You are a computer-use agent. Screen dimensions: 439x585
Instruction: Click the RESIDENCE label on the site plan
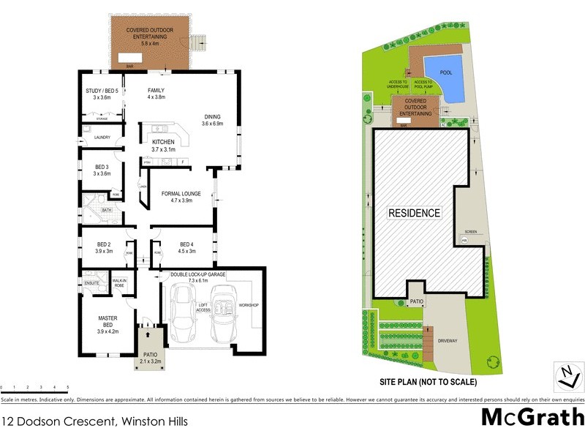click(414, 213)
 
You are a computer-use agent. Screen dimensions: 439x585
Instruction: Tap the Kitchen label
click(163, 146)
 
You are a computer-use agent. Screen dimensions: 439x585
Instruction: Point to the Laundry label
click(102, 137)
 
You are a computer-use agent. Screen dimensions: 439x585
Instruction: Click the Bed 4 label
click(187, 247)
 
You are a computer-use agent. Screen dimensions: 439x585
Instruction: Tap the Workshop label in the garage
click(249, 304)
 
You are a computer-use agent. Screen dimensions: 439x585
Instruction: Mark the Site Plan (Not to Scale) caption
click(427, 382)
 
